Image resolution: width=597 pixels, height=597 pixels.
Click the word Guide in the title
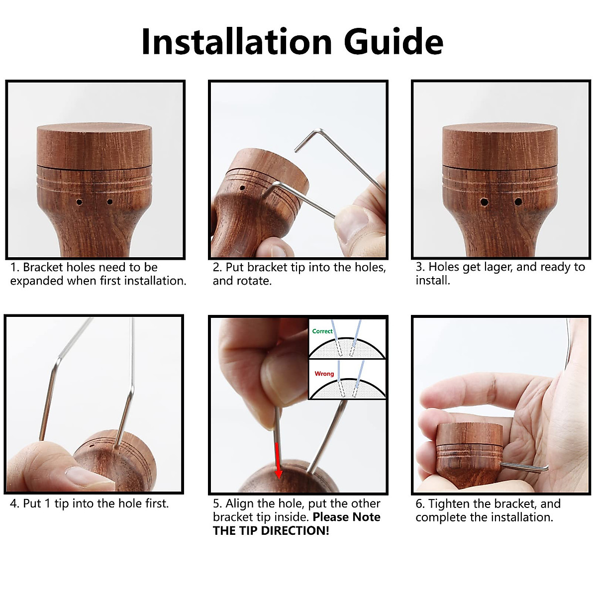tap(393, 42)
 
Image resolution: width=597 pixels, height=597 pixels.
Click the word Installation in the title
tap(236, 42)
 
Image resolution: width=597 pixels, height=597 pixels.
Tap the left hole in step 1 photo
tap(79, 202)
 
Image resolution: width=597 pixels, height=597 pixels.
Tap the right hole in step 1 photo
tap(109, 202)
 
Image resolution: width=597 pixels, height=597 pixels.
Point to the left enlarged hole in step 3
tap(484, 202)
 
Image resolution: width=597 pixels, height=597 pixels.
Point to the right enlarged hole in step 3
tap(518, 202)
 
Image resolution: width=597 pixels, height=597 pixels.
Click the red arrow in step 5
tap(278, 461)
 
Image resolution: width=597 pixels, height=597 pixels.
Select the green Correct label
tap(322, 331)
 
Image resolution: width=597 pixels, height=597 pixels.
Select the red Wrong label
tap(324, 374)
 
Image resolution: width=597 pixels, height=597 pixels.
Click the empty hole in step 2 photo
tap(243, 188)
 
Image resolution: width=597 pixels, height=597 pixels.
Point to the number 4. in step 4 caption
tap(14, 504)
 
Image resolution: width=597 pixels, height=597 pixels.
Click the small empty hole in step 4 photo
tap(92, 446)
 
